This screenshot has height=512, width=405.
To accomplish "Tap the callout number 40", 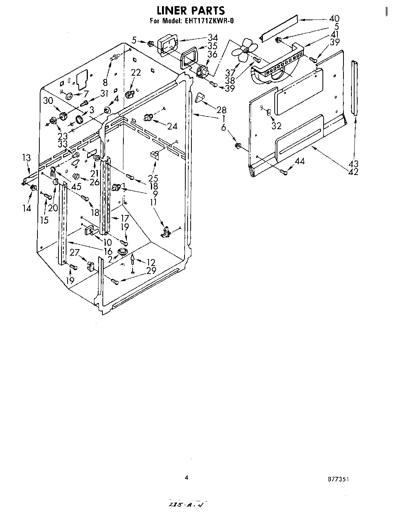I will [334, 18].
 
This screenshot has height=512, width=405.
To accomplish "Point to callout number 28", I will [221, 110].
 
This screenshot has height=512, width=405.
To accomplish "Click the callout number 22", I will [136, 73].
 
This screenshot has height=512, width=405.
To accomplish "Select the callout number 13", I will [26, 157].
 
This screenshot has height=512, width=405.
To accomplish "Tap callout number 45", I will [76, 187].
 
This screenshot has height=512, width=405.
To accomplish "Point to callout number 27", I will [75, 252].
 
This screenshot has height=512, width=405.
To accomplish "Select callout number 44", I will [300, 162].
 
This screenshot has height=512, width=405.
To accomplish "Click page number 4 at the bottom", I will [186, 477].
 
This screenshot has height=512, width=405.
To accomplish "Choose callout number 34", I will [212, 37].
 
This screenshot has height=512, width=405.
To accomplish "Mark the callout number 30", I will [48, 101].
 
